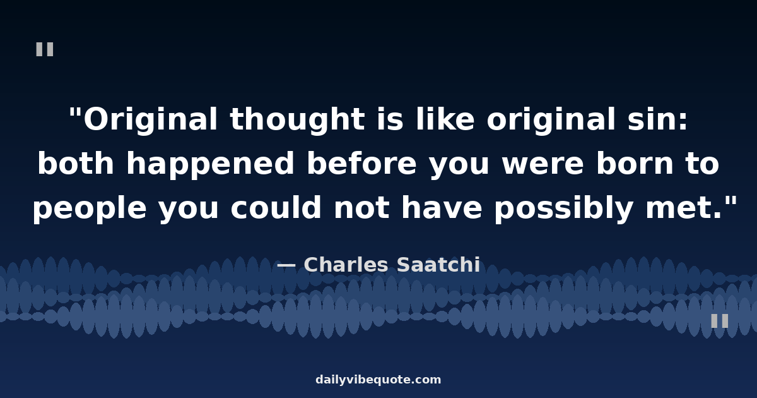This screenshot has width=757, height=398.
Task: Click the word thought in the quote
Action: (x=297, y=119)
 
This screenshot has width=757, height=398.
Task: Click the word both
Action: (x=76, y=163)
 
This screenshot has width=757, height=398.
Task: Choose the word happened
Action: (x=210, y=165)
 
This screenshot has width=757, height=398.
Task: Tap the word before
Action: (x=361, y=163)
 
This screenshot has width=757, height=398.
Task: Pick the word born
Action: (x=635, y=163)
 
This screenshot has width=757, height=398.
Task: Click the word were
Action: (x=543, y=165)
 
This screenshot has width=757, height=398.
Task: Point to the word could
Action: (x=276, y=207)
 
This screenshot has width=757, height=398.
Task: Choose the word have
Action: (x=442, y=207)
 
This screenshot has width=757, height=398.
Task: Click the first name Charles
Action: (x=346, y=264)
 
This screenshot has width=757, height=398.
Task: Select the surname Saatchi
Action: (x=438, y=264)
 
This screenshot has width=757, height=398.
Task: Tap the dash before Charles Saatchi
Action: (x=286, y=266)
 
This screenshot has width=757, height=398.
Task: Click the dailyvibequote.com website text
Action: (x=378, y=380)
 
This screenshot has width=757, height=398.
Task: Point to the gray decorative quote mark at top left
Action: (x=45, y=49)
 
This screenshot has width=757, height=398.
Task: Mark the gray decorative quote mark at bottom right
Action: (x=720, y=321)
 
